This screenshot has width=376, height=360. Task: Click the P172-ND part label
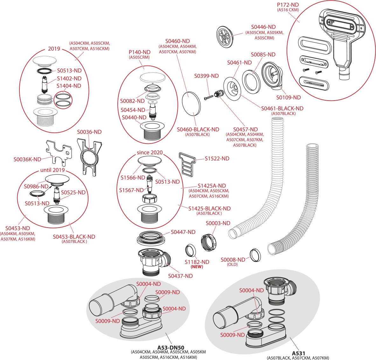288,5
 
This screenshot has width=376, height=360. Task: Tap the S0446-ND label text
263,27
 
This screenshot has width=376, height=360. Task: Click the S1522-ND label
217,159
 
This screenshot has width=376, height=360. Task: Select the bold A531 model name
298,353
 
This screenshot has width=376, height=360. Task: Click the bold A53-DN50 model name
171,348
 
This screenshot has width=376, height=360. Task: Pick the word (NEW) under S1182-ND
197,267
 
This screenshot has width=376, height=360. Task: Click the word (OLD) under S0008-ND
233,265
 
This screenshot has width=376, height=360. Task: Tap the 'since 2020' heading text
150,152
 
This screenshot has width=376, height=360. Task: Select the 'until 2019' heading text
52,170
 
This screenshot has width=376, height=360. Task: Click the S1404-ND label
69,86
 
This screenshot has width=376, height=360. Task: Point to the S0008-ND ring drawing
255,255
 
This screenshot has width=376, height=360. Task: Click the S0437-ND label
180,276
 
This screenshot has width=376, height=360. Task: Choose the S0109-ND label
288,97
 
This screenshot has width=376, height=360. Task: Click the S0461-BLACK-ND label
282,109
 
